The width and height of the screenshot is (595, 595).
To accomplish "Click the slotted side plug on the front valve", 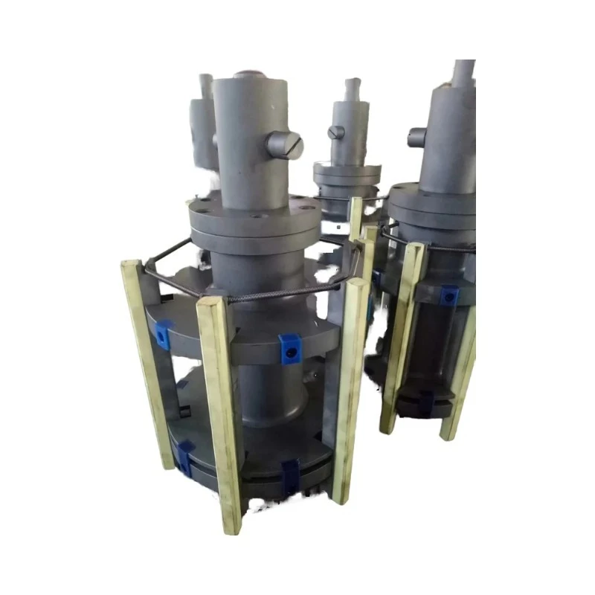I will [286, 144].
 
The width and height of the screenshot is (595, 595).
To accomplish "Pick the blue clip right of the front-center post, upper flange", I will [289, 348].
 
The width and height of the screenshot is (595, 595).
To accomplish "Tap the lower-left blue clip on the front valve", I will [184, 455].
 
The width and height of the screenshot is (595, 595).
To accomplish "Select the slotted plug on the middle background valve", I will [336, 132].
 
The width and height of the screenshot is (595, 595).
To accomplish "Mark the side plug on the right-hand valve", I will [416, 138].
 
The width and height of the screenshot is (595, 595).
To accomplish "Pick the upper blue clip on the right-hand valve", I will [448, 295].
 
